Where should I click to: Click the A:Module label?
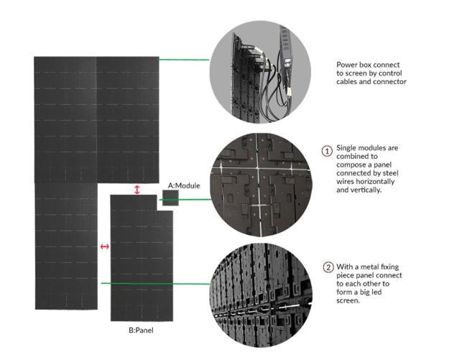pyautogui.click(x=184, y=185)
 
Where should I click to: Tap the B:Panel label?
pyautogui.click(x=141, y=331)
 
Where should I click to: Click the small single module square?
pyautogui.click(x=170, y=198)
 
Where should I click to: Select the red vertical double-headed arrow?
pyautogui.click(x=137, y=190)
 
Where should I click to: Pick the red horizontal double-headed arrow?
pyautogui.click(x=105, y=246)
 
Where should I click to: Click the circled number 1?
pyautogui.click(x=327, y=151)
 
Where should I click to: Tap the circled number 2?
pyautogui.click(x=328, y=267)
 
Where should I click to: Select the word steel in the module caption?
pyautogui.click(x=390, y=173)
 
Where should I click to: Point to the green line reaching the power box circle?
pyautogui.click(x=185, y=60)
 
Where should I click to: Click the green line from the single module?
pyautogui.click(x=187, y=200)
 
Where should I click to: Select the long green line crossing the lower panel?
pyautogui.click(x=156, y=284)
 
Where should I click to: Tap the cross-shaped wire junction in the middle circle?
pyautogui.click(x=259, y=169)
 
